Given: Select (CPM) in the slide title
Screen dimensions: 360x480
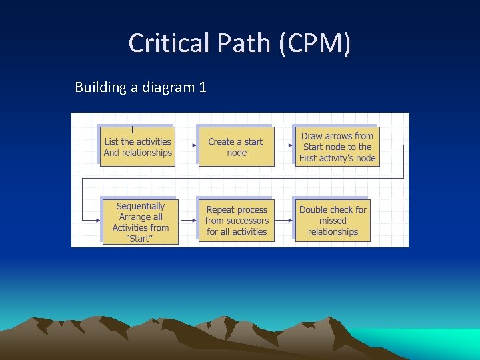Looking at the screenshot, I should [x=315, y=43].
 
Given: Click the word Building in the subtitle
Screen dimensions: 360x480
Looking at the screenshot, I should [x=100, y=87].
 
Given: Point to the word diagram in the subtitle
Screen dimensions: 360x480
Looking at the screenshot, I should [x=167, y=87].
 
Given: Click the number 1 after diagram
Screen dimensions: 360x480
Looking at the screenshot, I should [x=203, y=87].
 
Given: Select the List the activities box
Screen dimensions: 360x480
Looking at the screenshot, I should [x=137, y=147].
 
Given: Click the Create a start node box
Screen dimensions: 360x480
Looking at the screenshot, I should [x=236, y=147].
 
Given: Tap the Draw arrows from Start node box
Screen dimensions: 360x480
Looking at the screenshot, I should [x=337, y=147].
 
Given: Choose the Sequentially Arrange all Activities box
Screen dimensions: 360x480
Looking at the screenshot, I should [x=140, y=222].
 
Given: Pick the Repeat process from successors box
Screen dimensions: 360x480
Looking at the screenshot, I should [x=237, y=221].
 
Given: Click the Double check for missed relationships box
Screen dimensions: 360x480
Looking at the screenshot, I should [x=333, y=221].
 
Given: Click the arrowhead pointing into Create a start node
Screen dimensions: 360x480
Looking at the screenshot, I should [x=194, y=145].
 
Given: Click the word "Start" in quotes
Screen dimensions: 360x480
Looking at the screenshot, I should [x=140, y=239].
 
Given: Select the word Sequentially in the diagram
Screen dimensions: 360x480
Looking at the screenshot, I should [x=140, y=206].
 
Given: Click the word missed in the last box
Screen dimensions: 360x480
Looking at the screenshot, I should [x=333, y=221].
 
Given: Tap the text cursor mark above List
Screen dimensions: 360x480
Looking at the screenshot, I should [x=132, y=130].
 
